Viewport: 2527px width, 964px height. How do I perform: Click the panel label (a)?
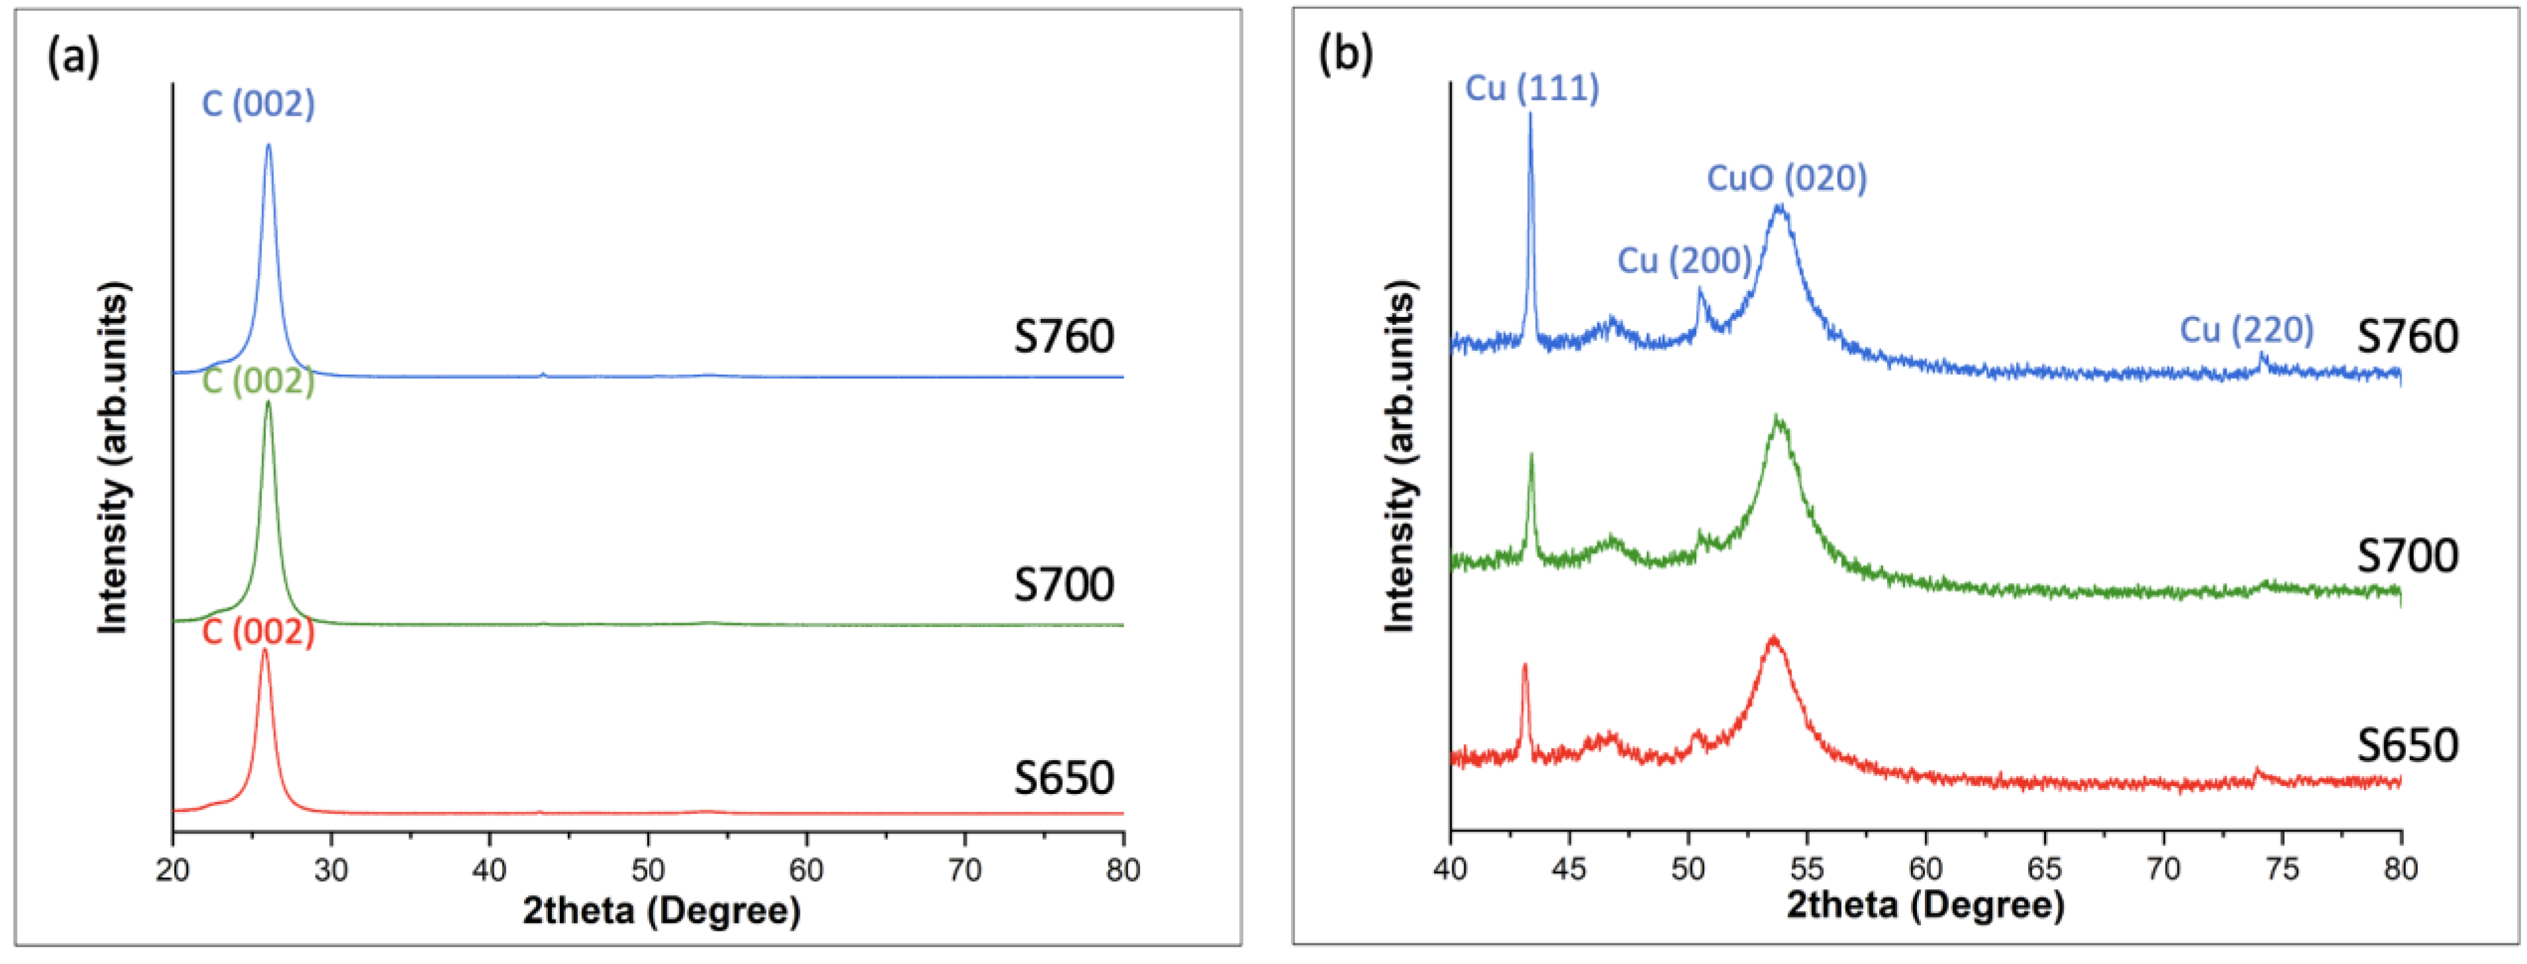[x=73, y=56]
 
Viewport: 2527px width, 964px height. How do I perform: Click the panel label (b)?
[x=1345, y=52]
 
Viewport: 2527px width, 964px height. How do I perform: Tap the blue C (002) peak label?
[x=258, y=104]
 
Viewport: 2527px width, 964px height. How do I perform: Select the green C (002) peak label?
[x=258, y=380]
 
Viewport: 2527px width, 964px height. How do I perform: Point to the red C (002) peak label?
[x=258, y=632]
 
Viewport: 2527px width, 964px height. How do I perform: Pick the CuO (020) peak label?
[x=1787, y=179]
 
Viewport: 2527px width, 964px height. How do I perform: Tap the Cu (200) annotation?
[x=1685, y=261]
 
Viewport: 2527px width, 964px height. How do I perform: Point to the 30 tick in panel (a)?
[x=331, y=869]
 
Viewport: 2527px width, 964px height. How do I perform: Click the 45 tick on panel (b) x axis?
[x=1569, y=868]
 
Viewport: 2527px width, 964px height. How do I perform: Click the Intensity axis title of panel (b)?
[x=1400, y=456]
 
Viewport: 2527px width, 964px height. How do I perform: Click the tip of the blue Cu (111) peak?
[x=1529, y=114]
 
